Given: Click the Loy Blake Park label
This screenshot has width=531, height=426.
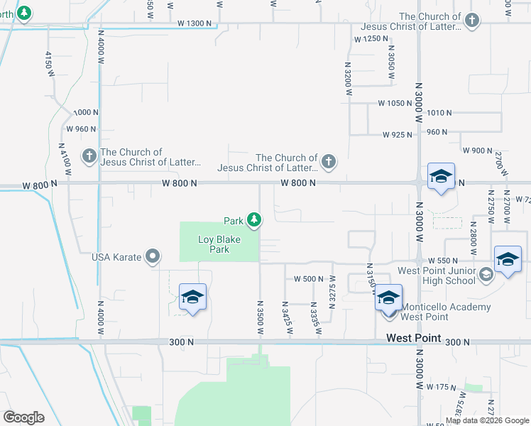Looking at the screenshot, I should [219, 245].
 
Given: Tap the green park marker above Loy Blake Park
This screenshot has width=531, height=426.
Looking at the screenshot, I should [253, 222].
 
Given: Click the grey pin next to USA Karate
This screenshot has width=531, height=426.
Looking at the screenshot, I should [153, 256].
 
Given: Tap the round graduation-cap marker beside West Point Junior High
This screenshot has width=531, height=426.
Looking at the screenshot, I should [486, 274].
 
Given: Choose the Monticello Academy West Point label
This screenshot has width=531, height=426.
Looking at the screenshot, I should [446, 312].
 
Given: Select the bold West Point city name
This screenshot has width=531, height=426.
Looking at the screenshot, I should [414, 339].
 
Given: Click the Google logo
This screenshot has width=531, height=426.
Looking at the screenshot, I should [23, 417].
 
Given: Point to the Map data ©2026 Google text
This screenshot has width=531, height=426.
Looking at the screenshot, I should [488, 420].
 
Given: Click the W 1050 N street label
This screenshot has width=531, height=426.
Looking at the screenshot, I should [395, 103].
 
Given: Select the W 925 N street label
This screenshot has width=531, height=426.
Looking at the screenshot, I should [398, 134].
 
